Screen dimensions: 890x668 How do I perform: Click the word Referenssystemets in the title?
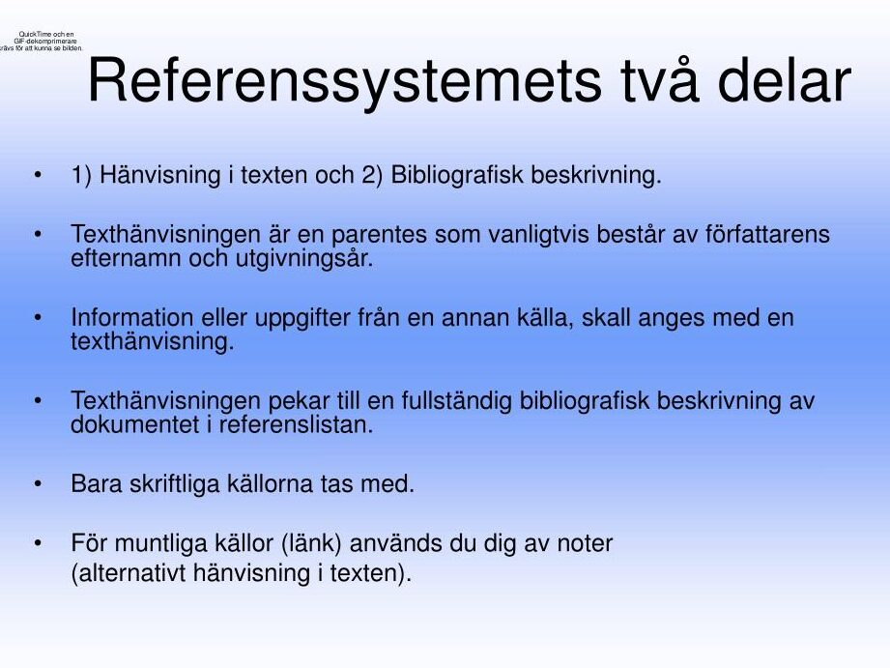pos(345,81)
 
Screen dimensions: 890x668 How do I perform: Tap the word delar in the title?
pos(784,80)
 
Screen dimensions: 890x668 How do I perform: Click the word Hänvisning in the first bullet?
pos(159,175)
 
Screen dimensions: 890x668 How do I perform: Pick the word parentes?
pos(379,235)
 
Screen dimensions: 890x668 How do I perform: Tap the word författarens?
pos(767,233)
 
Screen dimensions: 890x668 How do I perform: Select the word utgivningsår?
pos(304,259)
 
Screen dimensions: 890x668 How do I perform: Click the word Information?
pos(132,317)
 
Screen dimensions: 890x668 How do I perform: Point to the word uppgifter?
pos(301,319)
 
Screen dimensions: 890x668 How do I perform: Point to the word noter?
pos(585,544)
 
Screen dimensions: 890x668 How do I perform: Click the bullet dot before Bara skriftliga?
pos(38,484)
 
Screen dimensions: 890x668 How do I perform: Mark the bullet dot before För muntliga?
pos(38,543)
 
